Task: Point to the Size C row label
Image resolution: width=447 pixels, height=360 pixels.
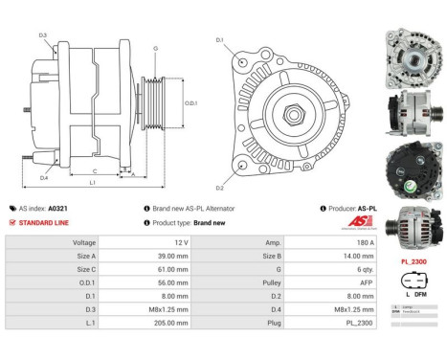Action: point(83,270)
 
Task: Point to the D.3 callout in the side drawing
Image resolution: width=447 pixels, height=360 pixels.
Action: point(43,35)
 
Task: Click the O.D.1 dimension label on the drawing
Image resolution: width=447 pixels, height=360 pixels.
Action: point(190,103)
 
